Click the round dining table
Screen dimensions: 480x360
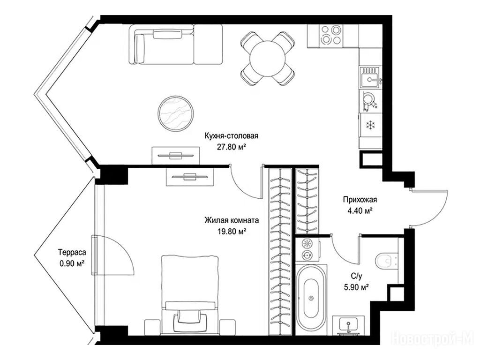click(268, 59)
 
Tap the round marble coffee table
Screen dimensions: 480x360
click(176, 113)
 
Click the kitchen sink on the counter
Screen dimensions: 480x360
click(370, 77)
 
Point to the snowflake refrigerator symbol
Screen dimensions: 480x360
click(371, 125)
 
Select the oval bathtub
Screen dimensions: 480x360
click(311, 296)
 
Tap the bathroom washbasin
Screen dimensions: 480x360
click(348, 324)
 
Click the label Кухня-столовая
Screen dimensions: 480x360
click(232, 136)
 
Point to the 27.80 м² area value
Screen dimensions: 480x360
click(232, 147)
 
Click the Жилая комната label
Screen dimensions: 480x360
click(232, 220)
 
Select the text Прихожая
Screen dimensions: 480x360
click(360, 200)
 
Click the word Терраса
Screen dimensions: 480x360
click(72, 253)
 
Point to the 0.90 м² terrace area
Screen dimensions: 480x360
click(72, 263)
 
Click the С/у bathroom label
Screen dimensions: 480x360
click(357, 277)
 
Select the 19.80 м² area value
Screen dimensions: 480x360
click(232, 232)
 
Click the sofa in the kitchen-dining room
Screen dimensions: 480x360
click(176, 45)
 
